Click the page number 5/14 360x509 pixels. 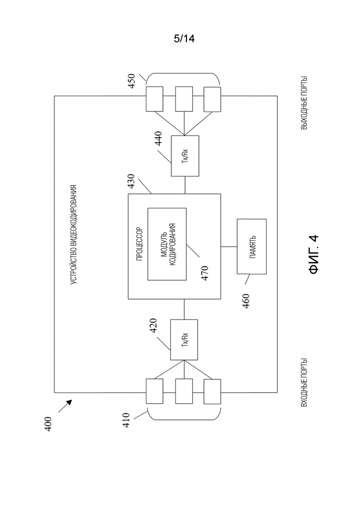coord(184,39)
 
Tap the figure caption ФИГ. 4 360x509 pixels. coord(313,254)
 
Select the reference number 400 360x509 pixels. coord(48,424)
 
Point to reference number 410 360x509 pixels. coord(126,420)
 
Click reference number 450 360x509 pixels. coord(131,81)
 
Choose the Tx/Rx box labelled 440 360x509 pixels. coord(185,156)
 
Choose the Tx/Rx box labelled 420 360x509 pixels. coord(184,340)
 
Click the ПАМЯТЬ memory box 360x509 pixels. coord(252,246)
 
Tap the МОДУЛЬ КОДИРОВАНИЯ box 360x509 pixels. coord(167,244)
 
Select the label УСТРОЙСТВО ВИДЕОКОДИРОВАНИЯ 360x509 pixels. coord(74,235)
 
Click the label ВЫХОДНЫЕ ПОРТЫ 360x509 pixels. coord(304,103)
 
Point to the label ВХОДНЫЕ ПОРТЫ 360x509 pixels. coord(304,383)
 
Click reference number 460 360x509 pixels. coord(246,301)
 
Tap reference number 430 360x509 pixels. coord(131,182)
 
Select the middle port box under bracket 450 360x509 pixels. coord(184,99)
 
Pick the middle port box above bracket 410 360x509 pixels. coord(184,391)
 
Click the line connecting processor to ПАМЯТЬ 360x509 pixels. coord(229,247)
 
